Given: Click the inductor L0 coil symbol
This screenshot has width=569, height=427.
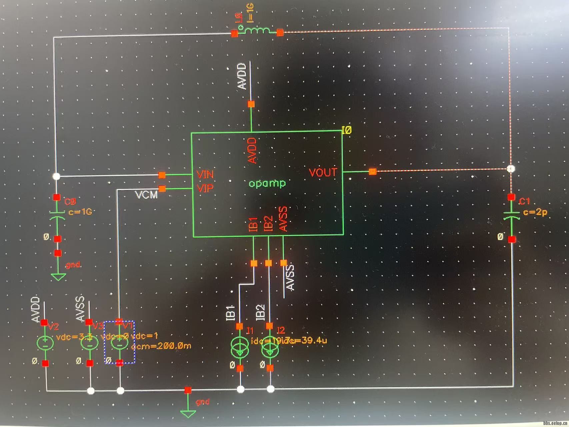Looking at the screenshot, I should tap(257, 31).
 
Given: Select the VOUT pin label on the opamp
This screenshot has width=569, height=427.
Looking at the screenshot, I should tap(323, 172).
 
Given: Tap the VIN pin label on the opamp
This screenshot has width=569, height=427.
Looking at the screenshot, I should tap(205, 174).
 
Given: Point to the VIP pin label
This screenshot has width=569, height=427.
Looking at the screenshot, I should tap(205, 188).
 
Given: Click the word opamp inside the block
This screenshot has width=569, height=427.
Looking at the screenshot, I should tap(267, 183).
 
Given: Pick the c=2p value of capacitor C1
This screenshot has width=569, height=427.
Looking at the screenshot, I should tap(535, 212).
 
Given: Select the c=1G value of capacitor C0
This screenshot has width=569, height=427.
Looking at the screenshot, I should tap(80, 212).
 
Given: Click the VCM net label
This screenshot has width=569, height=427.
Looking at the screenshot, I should tap(146, 195).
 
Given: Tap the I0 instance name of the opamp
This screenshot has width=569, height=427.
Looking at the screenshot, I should tap(346, 130).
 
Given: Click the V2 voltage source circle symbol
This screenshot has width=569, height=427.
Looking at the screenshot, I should tap(45, 343).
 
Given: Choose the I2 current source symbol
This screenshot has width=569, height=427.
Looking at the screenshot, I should tap(270, 348).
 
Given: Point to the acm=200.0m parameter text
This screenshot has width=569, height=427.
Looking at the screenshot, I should tap(161, 346).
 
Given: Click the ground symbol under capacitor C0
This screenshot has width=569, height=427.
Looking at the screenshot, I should tap(58, 277).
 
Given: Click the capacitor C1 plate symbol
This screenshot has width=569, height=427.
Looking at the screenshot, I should tap(511, 215).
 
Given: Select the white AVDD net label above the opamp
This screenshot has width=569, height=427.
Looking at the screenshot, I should tap(242, 76).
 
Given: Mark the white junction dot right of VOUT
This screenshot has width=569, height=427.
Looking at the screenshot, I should tap(511, 168).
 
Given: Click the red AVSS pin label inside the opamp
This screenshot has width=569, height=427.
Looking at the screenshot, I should tap(283, 219).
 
